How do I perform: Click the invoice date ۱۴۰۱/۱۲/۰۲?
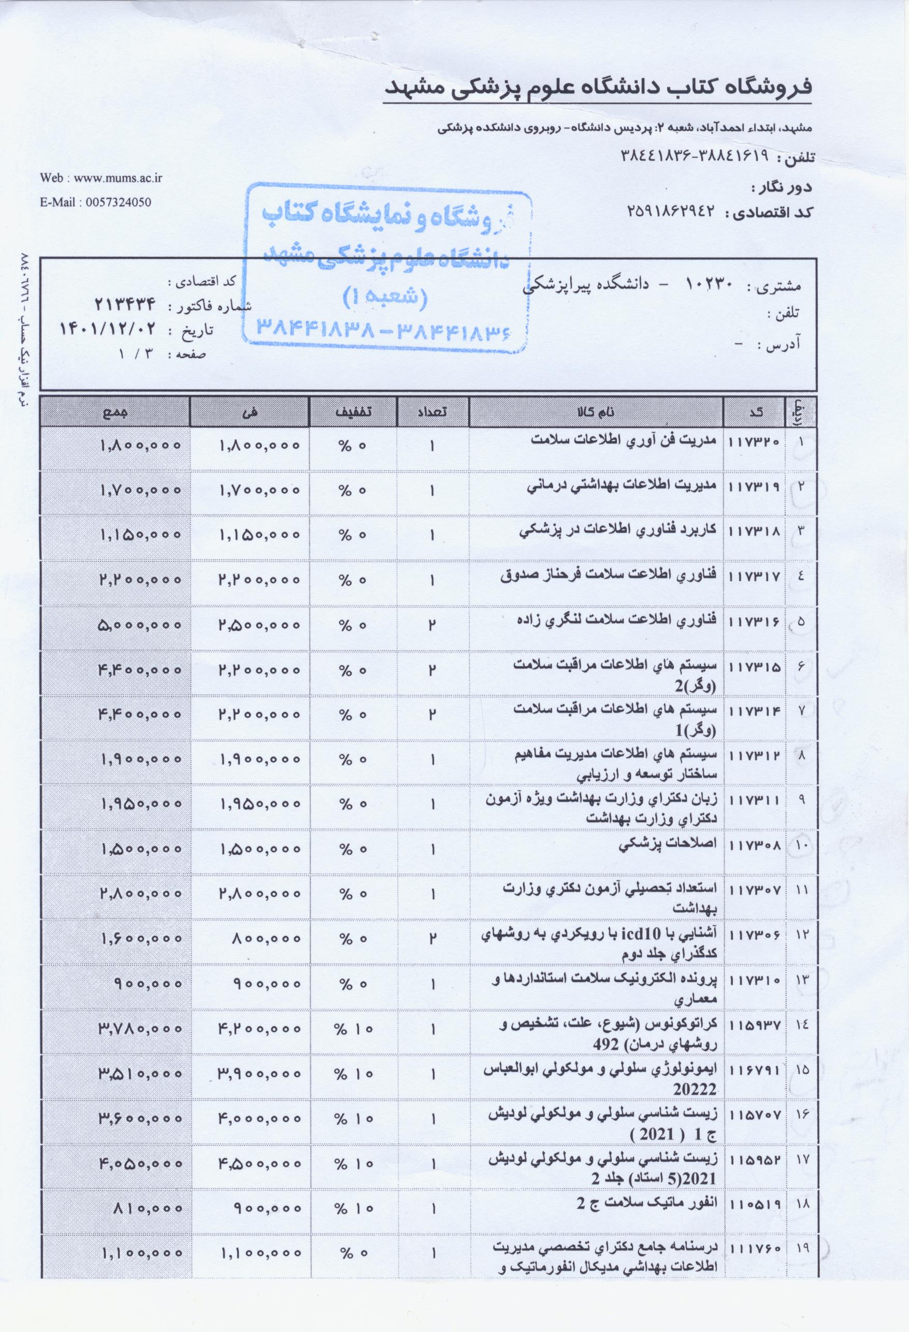[108, 329]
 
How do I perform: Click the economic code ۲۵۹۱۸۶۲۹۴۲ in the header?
[674, 212]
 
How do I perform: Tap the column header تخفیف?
[352, 412]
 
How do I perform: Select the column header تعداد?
[432, 412]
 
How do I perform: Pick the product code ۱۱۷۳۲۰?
[754, 442]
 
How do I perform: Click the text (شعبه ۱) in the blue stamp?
[385, 297]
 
